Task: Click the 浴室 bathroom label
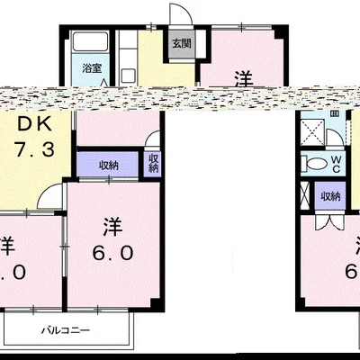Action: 92,67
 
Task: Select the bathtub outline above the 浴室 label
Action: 90,43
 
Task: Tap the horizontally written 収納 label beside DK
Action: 109,165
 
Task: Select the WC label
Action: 335,164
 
